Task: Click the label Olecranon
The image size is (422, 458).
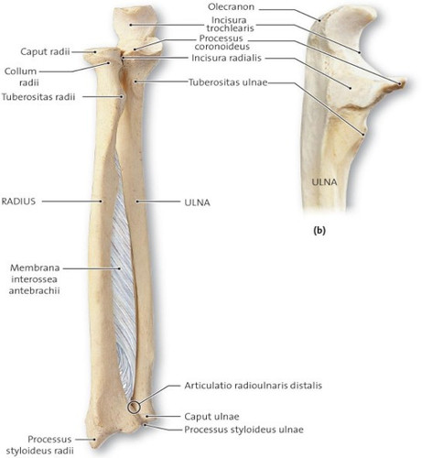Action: (x=231, y=7)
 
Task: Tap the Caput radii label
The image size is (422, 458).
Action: (x=45, y=51)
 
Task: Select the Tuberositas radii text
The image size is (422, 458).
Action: (x=38, y=97)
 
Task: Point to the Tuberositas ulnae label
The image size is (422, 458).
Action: (x=228, y=82)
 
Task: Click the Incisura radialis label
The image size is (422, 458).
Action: (x=226, y=58)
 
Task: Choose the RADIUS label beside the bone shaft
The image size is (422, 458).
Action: (x=18, y=202)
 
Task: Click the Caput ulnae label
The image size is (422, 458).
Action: (x=211, y=417)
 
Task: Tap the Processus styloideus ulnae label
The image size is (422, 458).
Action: (x=243, y=430)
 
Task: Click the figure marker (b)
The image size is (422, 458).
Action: (x=319, y=231)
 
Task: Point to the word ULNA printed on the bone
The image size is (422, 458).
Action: (x=324, y=182)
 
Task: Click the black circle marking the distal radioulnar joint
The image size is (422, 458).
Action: (x=134, y=407)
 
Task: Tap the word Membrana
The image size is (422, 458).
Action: (x=35, y=267)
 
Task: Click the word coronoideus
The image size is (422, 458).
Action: (x=222, y=47)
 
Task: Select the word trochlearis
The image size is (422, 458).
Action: (x=230, y=28)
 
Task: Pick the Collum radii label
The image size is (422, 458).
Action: (x=21, y=77)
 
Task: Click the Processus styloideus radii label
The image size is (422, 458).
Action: (x=40, y=445)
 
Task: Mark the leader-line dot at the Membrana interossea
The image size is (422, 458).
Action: (x=119, y=268)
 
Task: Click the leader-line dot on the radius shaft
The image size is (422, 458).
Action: (x=101, y=202)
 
